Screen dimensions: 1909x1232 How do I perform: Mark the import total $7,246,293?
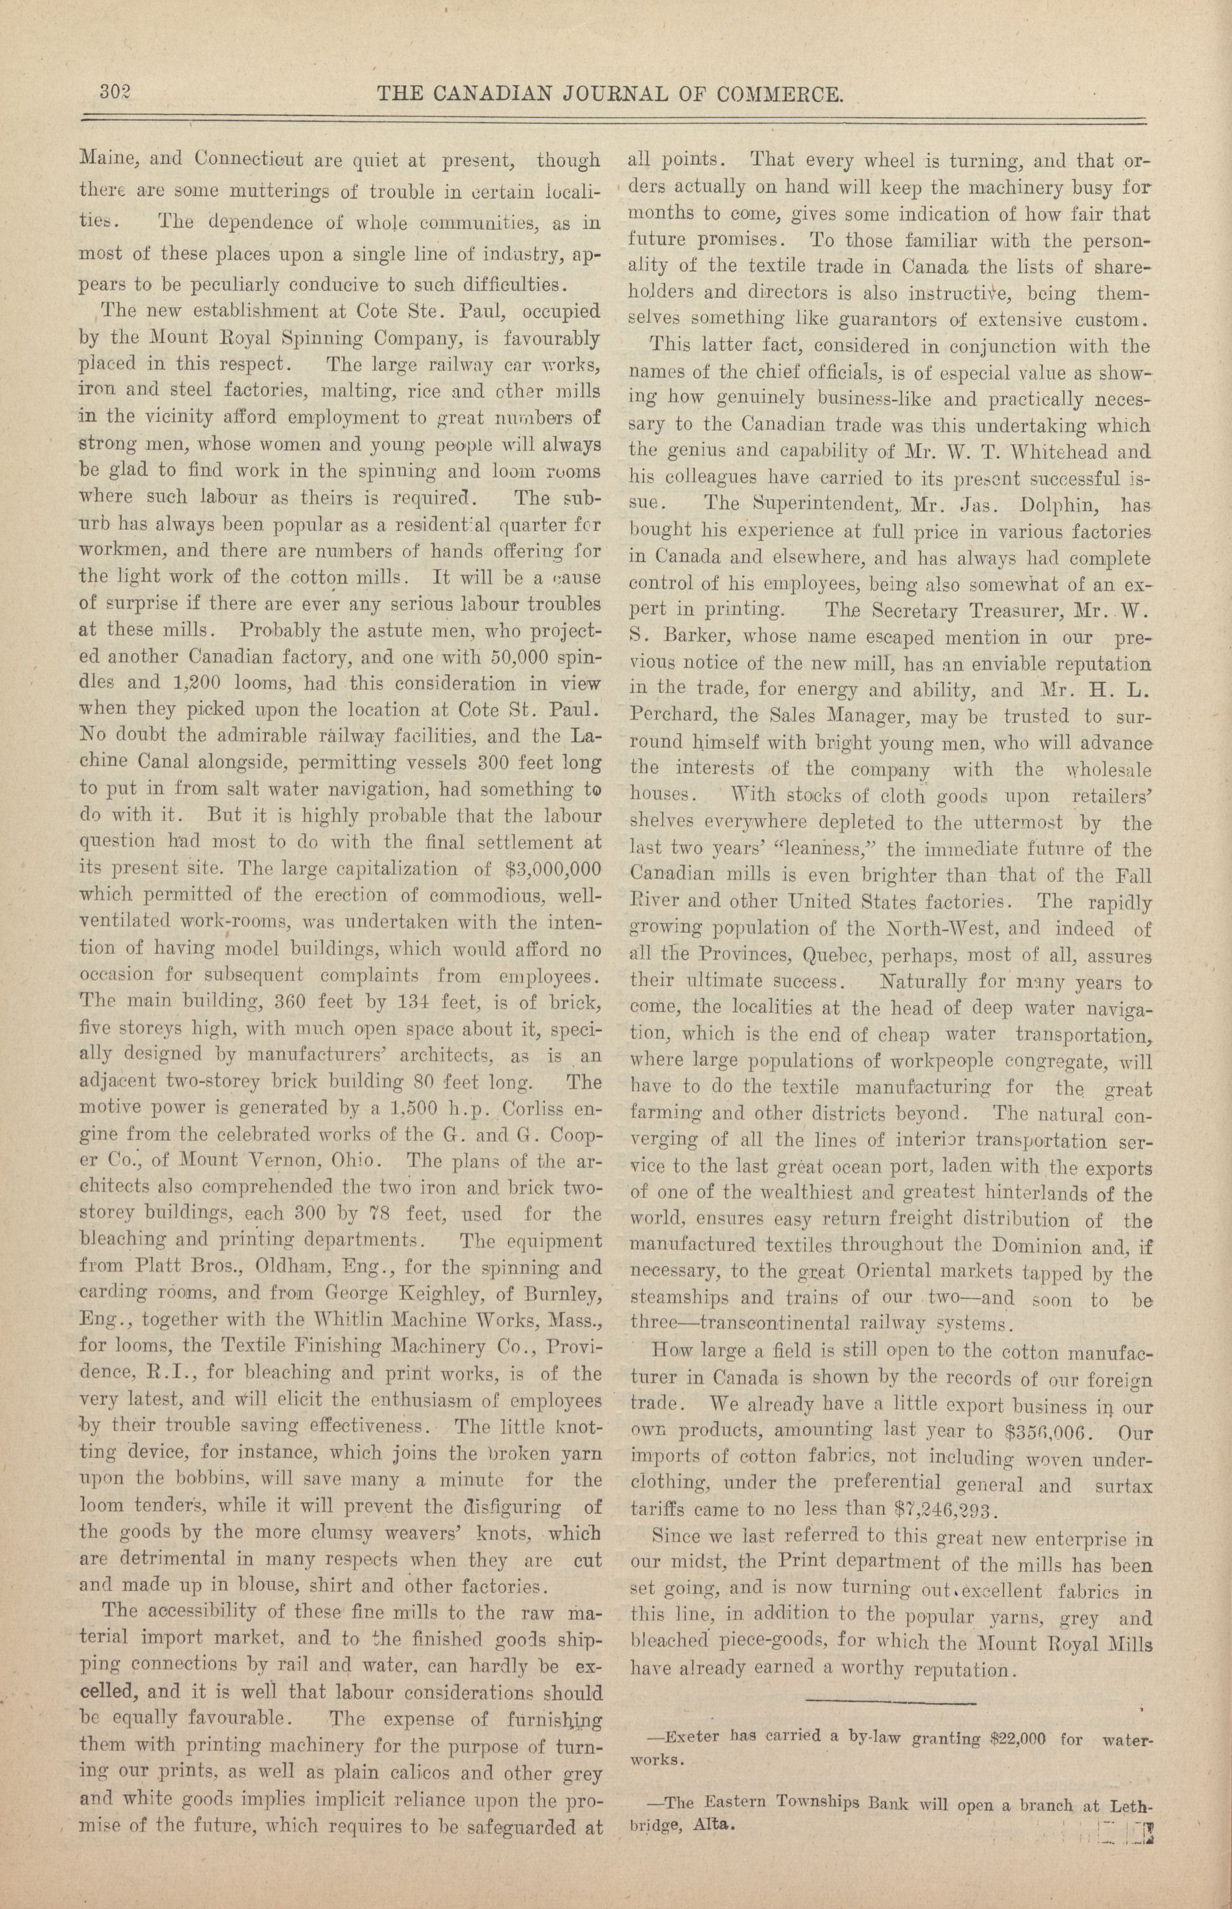[941, 1511]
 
